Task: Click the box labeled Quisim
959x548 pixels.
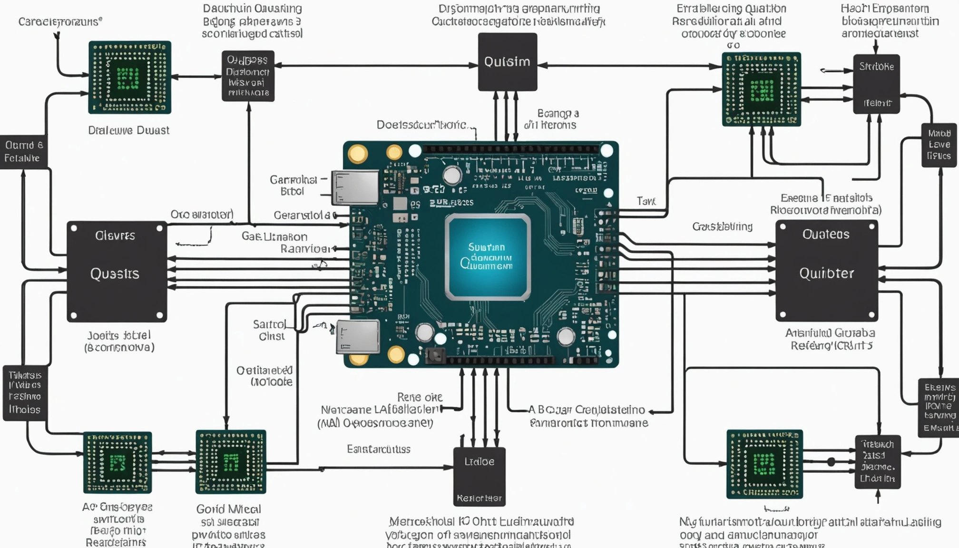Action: tap(507, 62)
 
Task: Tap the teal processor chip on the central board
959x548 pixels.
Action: tap(487, 257)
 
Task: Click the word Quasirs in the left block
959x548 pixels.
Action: tap(115, 274)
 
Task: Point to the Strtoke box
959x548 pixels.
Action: tap(876, 84)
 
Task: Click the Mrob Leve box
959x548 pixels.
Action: tap(939, 145)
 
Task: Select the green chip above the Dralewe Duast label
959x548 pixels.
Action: tap(129, 78)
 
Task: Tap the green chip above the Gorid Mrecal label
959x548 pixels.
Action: tap(231, 462)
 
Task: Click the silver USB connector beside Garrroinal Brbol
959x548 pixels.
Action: tap(356, 187)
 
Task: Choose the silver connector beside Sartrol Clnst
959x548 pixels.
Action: tap(358, 337)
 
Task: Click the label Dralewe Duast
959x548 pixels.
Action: tap(128, 130)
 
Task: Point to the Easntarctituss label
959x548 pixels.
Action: tap(378, 449)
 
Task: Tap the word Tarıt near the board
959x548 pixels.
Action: tap(646, 201)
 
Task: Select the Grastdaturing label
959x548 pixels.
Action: tap(722, 226)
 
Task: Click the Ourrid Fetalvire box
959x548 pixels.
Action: tap(23, 152)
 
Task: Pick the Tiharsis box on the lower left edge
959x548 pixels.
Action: tap(25, 393)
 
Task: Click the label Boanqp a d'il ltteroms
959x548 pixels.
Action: tap(551, 119)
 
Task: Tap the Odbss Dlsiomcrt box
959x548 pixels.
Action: tap(248, 76)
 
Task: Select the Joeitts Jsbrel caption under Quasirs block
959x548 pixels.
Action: tap(119, 341)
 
